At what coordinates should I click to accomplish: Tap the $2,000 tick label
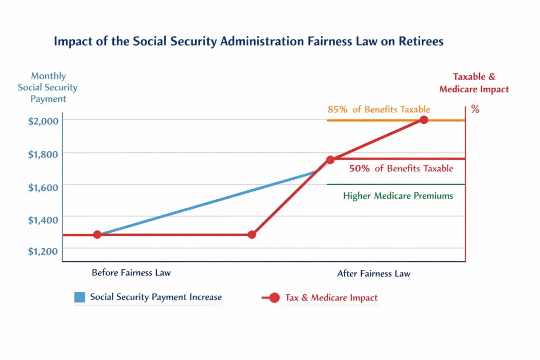click(x=44, y=121)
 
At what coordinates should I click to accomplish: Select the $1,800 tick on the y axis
click(x=44, y=153)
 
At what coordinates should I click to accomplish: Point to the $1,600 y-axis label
click(x=44, y=186)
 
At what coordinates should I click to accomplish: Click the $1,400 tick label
click(x=44, y=219)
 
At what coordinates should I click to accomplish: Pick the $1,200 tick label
click(x=44, y=251)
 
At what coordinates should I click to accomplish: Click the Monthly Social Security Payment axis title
click(x=48, y=87)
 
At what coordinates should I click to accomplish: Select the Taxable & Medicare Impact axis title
click(x=474, y=83)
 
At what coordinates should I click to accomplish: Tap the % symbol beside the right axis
click(x=475, y=111)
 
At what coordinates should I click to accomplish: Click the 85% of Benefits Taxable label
click(x=379, y=110)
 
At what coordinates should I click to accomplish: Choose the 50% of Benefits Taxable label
click(x=401, y=169)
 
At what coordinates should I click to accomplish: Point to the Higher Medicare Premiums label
click(x=398, y=196)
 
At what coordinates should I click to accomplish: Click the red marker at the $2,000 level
click(x=423, y=120)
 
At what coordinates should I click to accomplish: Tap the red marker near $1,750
click(x=330, y=159)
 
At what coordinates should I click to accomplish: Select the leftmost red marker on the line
click(x=97, y=235)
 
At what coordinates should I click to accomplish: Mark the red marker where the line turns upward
click(x=252, y=235)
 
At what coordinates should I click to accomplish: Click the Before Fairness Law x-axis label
click(x=131, y=273)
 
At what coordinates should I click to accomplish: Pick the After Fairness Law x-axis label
click(x=373, y=274)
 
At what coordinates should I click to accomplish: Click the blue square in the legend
click(x=80, y=297)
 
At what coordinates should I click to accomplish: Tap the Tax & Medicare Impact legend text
click(x=331, y=298)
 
